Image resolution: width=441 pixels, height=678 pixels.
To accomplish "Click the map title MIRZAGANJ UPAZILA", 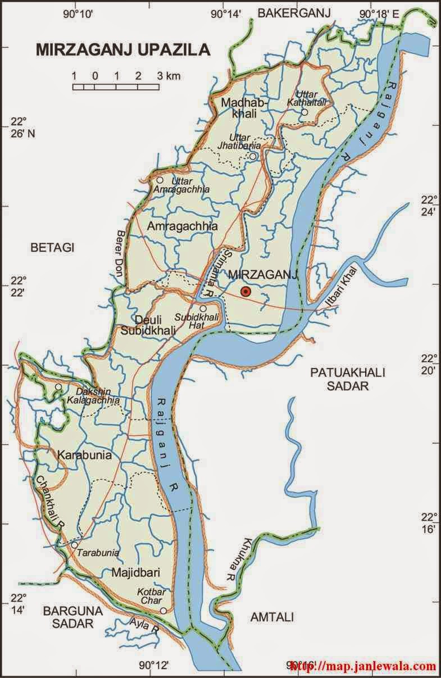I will point(123,50).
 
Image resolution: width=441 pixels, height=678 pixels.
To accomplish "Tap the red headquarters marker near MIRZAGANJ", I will point(245,291).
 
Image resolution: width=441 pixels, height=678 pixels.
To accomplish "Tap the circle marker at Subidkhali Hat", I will point(203,308).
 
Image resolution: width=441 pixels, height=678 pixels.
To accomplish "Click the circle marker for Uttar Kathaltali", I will point(304,112).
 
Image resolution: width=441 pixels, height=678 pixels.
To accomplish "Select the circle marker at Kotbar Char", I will point(163,611).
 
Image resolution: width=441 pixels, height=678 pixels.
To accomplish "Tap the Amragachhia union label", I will point(175,226).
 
